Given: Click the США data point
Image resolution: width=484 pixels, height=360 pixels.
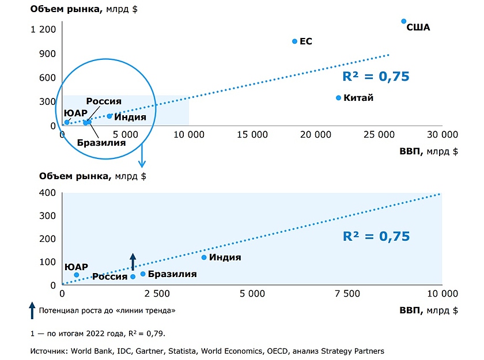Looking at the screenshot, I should click(404, 21).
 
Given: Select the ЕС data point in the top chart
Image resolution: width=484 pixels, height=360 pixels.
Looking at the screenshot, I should click(294, 41).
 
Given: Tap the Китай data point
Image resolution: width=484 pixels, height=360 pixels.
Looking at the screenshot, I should click(338, 98).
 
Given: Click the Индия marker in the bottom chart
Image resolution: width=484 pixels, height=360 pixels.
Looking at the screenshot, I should click(204, 257).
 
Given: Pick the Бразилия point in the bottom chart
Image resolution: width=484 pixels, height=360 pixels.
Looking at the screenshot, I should click(143, 274).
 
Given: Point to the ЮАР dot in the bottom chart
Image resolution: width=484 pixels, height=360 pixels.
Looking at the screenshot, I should click(76, 275).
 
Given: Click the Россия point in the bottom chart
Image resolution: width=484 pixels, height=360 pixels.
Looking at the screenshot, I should click(133, 276).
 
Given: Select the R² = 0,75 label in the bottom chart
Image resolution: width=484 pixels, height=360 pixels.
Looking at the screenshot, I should click(376, 236).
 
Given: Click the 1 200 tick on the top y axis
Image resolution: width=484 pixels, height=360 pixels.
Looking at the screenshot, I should click(44, 29).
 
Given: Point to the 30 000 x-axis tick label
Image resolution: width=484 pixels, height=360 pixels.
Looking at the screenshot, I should click(441, 135).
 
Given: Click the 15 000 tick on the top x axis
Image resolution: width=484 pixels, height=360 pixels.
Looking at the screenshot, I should click(252, 135).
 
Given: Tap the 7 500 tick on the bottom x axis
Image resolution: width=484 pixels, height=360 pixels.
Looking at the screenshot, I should click(347, 293).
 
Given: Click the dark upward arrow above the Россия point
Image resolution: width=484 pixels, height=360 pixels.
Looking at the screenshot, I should click(133, 261).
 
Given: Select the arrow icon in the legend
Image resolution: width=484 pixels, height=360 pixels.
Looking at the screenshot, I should click(32, 310).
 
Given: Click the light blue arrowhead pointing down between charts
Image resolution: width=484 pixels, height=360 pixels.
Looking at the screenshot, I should click(142, 164).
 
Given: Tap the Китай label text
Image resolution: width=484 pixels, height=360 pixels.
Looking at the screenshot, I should click(358, 98).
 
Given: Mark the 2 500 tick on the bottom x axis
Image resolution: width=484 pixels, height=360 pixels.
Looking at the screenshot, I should click(157, 293).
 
